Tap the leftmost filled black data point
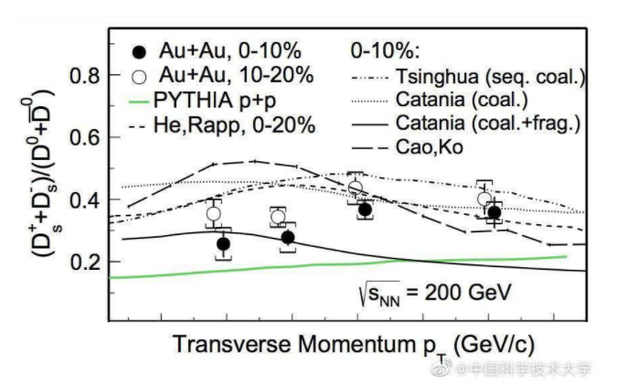pyautogui.click(x=223, y=244)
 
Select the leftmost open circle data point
pyautogui.click(x=214, y=214)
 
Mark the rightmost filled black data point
pyautogui.click(x=494, y=213)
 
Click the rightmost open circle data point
pyautogui.click(x=484, y=199)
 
